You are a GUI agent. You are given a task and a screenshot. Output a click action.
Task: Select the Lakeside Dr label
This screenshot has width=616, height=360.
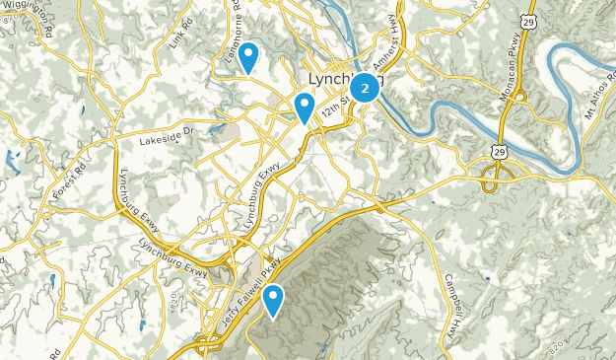[x=170, y=131]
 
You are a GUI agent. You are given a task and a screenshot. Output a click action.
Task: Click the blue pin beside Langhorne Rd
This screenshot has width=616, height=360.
[x=249, y=57]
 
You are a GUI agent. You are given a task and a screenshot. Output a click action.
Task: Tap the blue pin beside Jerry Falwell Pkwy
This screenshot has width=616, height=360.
[x=272, y=300]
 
